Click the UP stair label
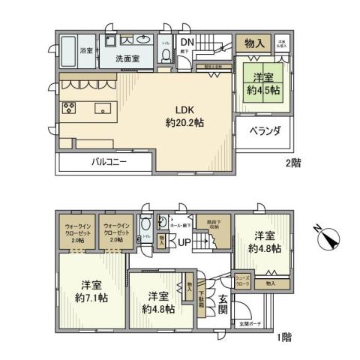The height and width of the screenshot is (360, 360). [x=183, y=242]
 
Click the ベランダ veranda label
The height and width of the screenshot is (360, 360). [x=265, y=131]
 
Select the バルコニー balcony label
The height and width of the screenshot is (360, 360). [x=110, y=161]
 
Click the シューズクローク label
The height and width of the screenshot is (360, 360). [x=244, y=280]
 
